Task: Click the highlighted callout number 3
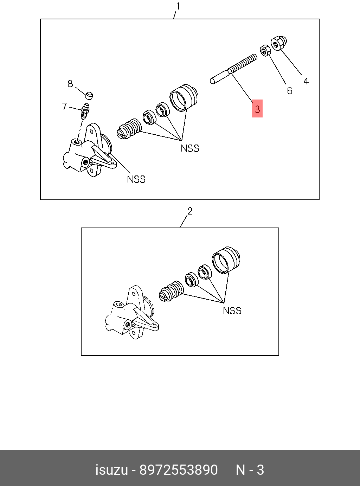tap(257, 109)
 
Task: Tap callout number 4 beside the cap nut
tap(306, 81)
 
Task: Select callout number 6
tap(289, 91)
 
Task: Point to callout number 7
tap(64, 106)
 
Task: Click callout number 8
tap(70, 84)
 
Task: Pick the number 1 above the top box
tap(178, 6)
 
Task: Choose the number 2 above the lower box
tap(190, 211)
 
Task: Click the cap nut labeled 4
tap(279, 43)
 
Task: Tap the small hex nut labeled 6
tap(265, 50)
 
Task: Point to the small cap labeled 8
tap(90, 95)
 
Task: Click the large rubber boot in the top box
tap(184, 97)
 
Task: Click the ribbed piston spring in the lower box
tap(171, 291)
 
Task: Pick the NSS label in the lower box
tap(232, 311)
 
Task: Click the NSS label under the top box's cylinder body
tap(136, 179)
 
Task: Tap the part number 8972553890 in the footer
tap(179, 470)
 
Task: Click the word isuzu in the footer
tap(111, 470)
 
